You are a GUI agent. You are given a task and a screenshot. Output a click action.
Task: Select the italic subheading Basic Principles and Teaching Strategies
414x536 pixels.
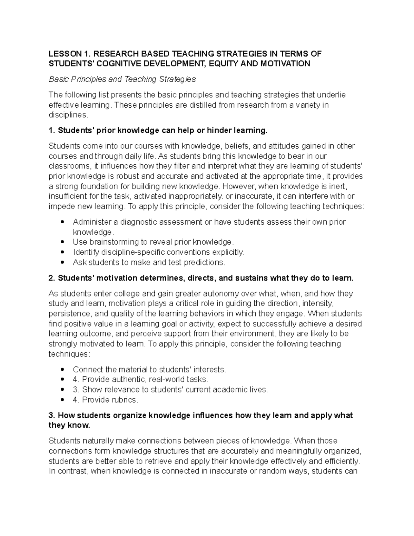pos(122,79)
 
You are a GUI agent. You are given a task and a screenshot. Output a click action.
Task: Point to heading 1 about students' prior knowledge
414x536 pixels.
pos(158,131)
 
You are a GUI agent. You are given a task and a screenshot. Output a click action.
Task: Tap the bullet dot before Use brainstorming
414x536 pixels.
pos(62,242)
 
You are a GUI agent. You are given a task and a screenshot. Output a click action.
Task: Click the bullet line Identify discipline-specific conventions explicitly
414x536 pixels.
pos(158,252)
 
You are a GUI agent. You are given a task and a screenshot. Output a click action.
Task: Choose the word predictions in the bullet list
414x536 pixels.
pos(204,263)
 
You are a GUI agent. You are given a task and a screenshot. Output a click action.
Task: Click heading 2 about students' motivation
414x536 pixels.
pos(201,278)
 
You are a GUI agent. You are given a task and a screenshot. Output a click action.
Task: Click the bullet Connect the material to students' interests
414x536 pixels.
pos(149,370)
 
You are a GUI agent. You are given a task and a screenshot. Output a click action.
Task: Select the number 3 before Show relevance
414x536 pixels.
pos(76,390)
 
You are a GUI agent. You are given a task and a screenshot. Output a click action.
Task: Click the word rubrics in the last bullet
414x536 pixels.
pos(124,400)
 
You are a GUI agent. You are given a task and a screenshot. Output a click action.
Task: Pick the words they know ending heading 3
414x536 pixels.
pos(69,426)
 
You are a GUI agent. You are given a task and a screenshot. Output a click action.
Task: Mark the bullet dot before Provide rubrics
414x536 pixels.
pos(62,400)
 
